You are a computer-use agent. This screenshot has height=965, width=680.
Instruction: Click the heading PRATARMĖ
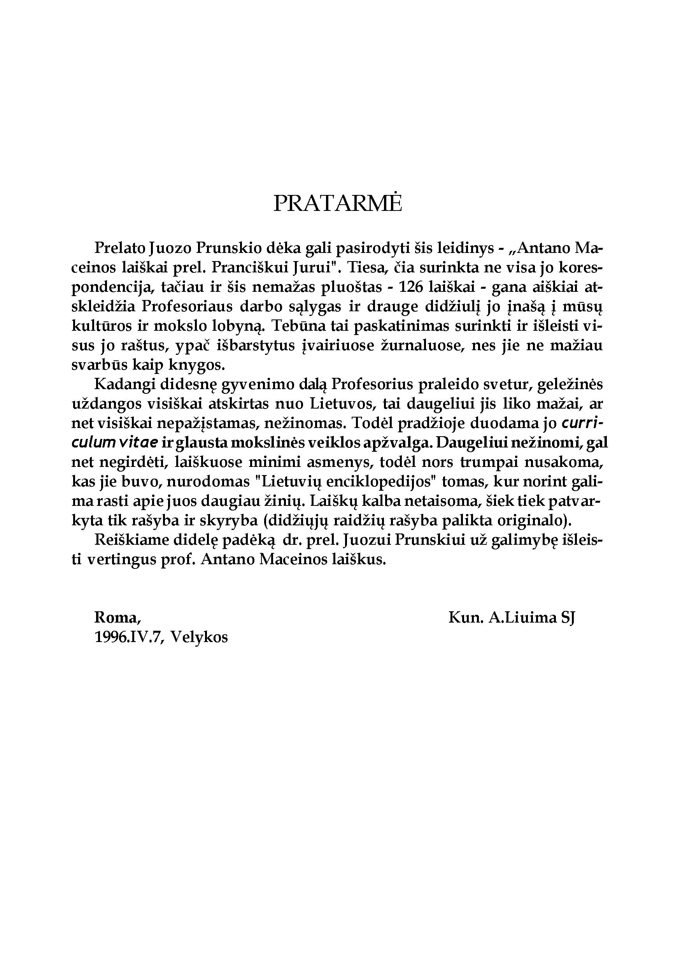(x=338, y=203)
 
